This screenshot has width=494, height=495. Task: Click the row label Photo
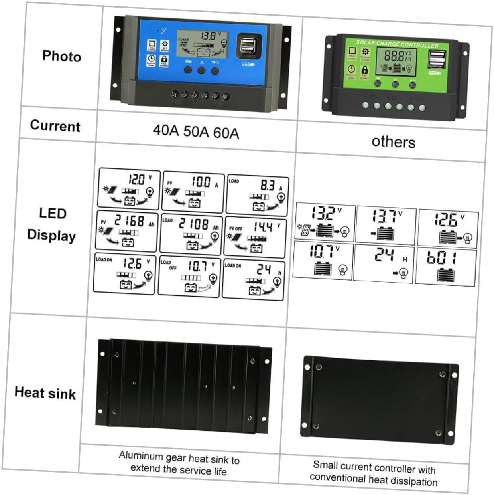[61, 56]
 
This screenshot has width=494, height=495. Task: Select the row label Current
[55, 126]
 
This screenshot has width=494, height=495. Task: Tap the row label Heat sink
[45, 393]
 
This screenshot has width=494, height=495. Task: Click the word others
[393, 142]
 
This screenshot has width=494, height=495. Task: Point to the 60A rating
[226, 132]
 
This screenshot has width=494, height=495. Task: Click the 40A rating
[166, 130]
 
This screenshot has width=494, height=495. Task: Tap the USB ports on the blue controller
[249, 46]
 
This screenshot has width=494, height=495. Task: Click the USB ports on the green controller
[437, 60]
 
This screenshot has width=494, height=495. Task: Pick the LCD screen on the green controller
[396, 62]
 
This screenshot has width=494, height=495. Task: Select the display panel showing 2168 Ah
[127, 231]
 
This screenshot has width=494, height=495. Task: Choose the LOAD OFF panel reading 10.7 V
[189, 276]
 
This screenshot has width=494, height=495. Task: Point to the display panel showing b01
[446, 266]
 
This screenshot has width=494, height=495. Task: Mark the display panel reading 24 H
[384, 263]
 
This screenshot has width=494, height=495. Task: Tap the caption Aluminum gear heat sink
[179, 463]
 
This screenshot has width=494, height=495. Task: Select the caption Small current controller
[374, 473]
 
